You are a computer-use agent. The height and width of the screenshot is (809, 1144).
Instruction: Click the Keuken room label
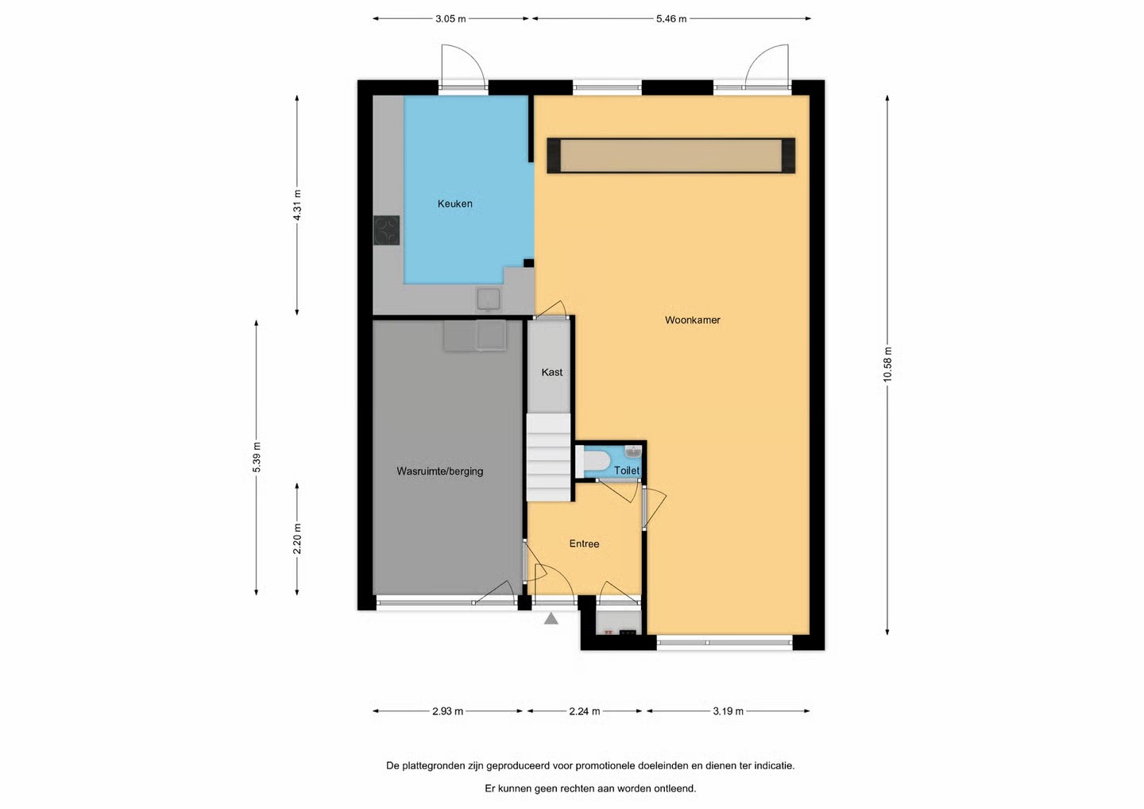coord(454,203)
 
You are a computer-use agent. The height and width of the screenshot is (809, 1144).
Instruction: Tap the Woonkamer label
coord(692,320)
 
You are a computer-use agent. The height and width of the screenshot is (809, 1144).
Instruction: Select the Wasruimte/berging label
coord(440,471)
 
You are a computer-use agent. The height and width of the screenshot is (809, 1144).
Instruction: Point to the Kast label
coord(551,373)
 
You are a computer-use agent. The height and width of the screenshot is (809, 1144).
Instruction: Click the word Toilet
coord(626,470)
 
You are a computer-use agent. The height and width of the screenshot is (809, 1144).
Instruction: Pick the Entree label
coord(584,544)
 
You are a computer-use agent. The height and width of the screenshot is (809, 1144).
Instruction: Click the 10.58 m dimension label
coord(887,365)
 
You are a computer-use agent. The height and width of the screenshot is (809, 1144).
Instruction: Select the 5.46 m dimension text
coord(671,19)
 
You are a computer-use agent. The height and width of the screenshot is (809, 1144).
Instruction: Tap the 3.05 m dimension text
coord(450,19)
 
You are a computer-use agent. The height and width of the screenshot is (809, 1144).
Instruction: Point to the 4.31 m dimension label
coord(297,205)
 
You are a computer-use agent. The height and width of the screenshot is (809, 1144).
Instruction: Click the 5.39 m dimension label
coord(257,458)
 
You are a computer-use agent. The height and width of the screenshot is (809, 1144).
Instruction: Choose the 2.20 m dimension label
coord(297,539)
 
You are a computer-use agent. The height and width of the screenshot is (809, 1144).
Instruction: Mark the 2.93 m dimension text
coord(447,711)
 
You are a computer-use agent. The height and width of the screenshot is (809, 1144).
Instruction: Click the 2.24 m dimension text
coord(584,711)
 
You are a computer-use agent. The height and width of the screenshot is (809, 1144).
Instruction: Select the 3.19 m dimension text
coord(728,711)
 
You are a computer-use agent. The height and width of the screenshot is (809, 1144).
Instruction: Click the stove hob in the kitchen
coord(387,230)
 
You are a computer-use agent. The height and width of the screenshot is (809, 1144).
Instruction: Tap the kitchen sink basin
coord(489,299)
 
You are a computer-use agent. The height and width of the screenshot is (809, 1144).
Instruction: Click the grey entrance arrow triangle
coord(551,618)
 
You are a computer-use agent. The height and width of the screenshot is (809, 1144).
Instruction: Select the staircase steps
coord(548,457)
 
